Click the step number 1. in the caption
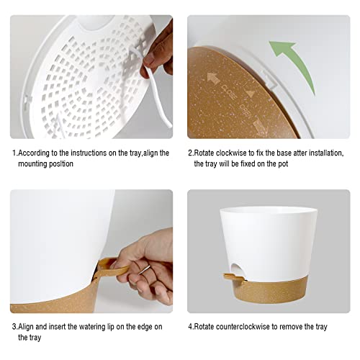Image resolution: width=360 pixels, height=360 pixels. (x=14, y=153)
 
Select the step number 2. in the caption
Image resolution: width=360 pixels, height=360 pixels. (x=191, y=153)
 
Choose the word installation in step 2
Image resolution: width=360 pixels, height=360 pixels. (x=321, y=153)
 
